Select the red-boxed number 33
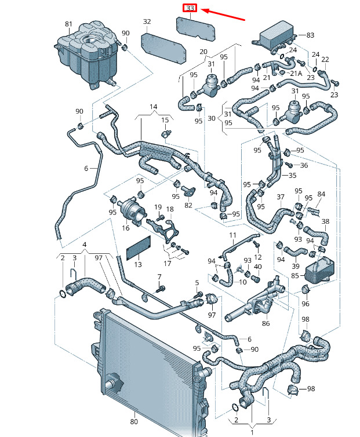[190, 9]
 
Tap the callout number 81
[68, 24]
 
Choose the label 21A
[296, 74]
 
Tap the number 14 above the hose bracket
[153, 107]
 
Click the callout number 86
[266, 324]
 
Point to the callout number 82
[188, 205]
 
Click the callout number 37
[281, 197]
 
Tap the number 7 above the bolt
[159, 278]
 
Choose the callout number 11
[233, 235]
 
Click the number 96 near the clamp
[306, 304]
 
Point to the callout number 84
[322, 194]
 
